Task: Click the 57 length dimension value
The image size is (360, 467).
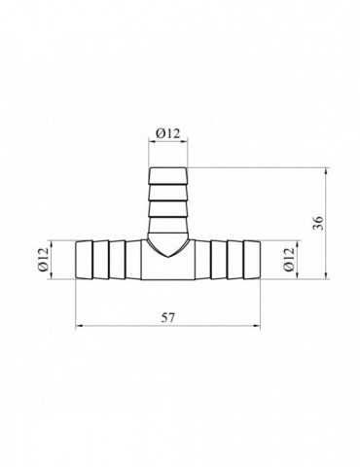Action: [x=168, y=318]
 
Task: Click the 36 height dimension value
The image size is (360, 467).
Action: [x=319, y=223]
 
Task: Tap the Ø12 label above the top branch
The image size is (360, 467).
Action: [x=167, y=133]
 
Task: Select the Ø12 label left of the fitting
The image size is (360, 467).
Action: [x=43, y=259]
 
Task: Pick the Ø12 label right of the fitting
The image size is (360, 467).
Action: [x=288, y=259]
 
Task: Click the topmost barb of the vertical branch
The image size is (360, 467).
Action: [x=168, y=176]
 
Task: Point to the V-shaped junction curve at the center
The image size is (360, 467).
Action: [x=167, y=248]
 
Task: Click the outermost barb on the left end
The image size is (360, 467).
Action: [x=84, y=260]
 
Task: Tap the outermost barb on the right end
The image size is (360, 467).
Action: [x=252, y=260]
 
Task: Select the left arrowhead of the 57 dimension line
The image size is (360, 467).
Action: [x=79, y=326]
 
